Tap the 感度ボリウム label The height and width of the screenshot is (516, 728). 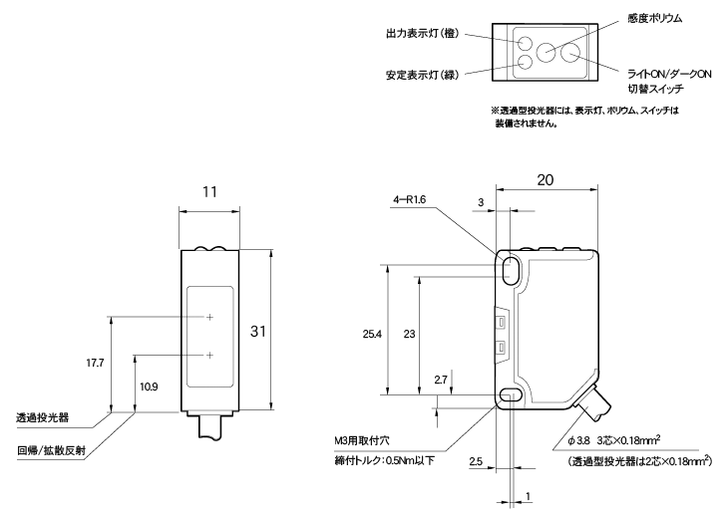(654, 19)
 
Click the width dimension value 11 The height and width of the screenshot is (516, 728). (209, 190)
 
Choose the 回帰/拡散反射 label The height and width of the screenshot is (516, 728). (52, 449)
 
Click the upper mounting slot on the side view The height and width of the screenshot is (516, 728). (511, 269)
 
